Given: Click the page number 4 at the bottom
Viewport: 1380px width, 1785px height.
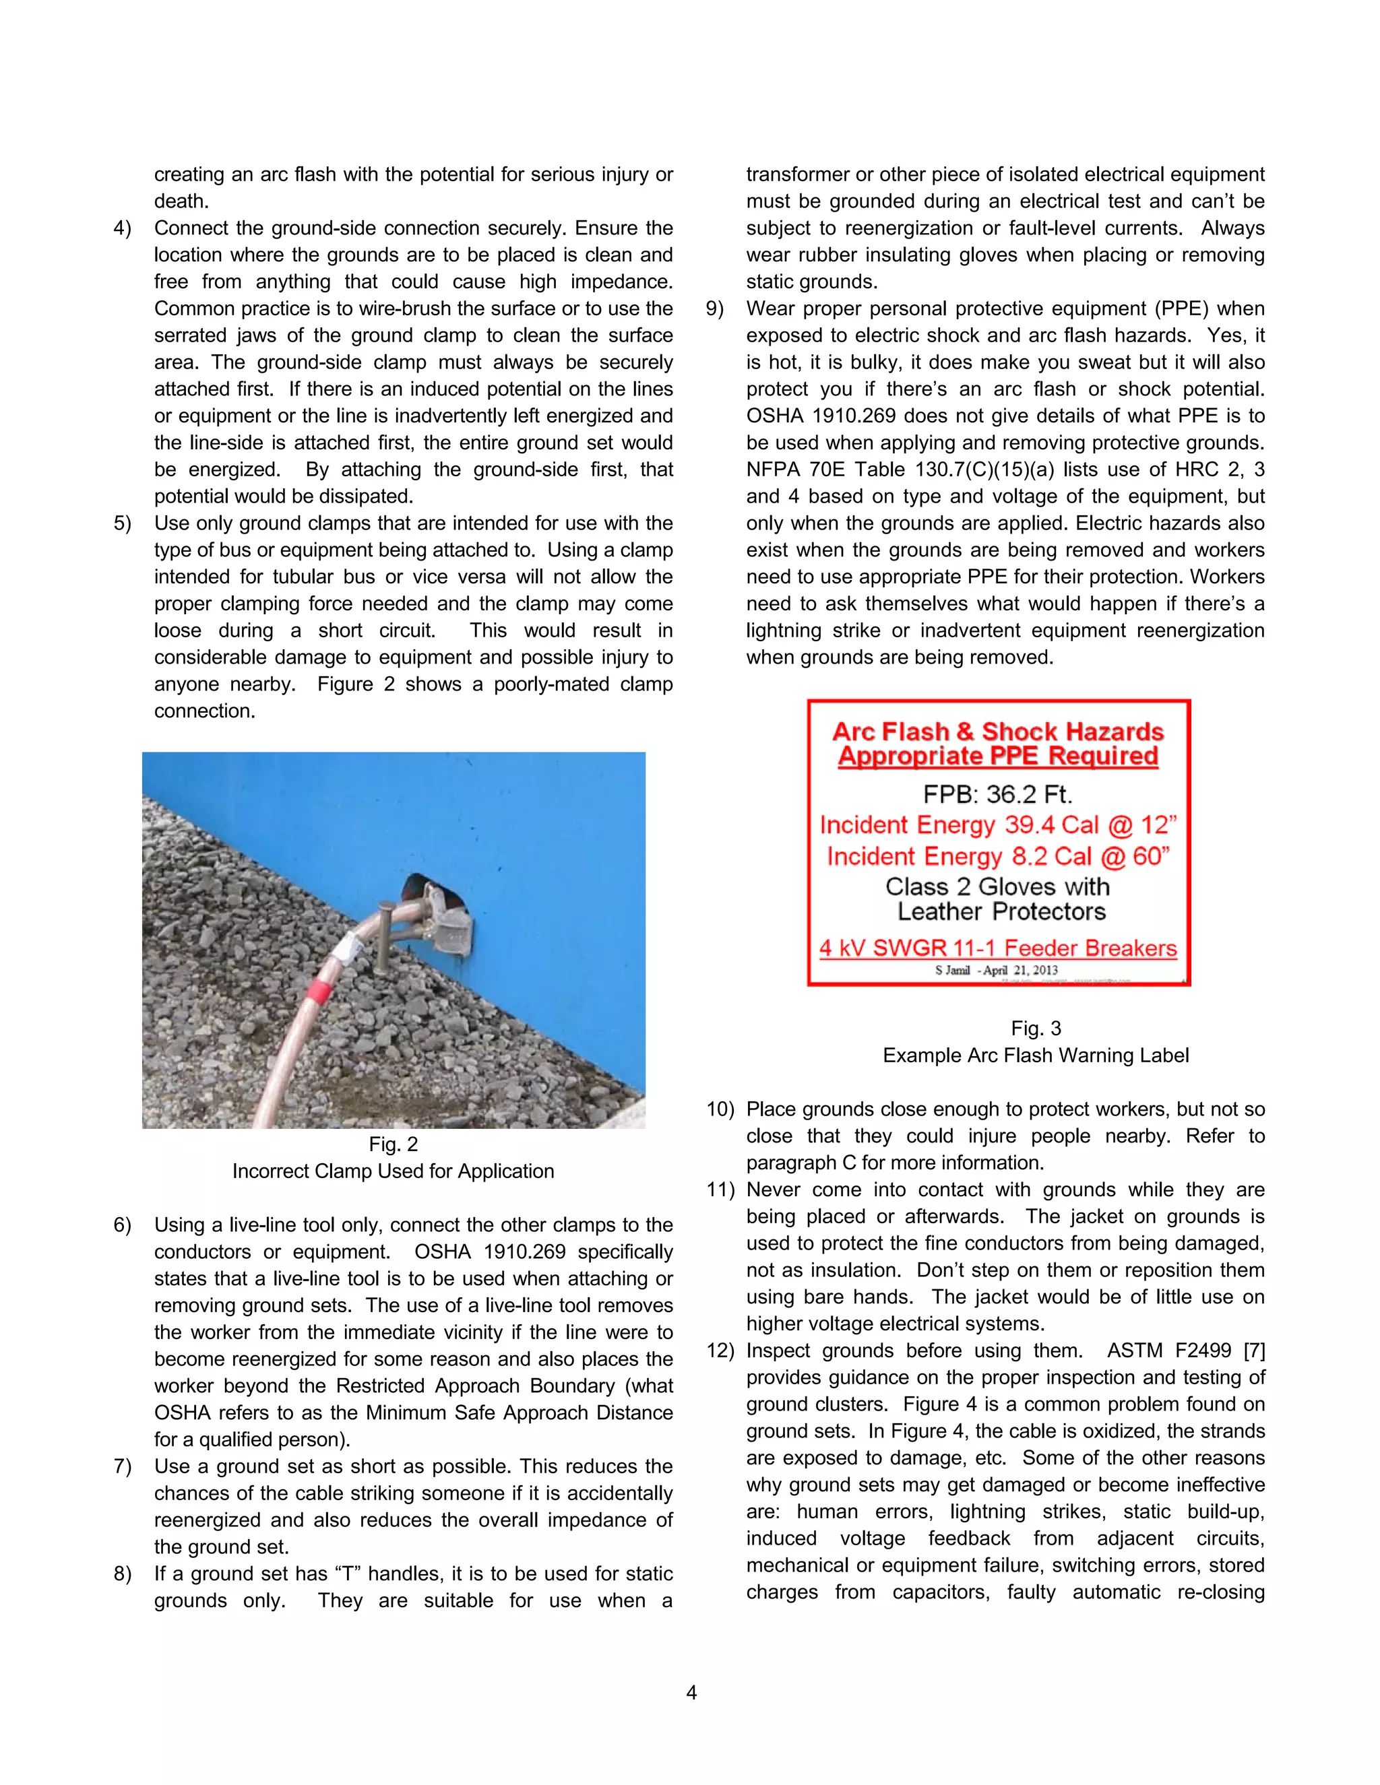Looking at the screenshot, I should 691,1692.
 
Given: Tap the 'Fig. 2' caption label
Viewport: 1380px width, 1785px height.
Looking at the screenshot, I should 394,1144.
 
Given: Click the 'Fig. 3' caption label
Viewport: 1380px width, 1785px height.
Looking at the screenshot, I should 1035,1028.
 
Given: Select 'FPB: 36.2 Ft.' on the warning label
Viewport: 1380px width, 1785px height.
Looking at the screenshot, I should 997,793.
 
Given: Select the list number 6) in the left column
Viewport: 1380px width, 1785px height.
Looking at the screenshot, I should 122,1225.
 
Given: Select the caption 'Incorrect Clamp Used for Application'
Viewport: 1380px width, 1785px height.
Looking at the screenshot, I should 394,1171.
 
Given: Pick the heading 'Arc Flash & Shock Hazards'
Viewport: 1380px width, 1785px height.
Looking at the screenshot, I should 997,731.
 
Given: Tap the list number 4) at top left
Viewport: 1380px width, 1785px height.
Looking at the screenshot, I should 122,228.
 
